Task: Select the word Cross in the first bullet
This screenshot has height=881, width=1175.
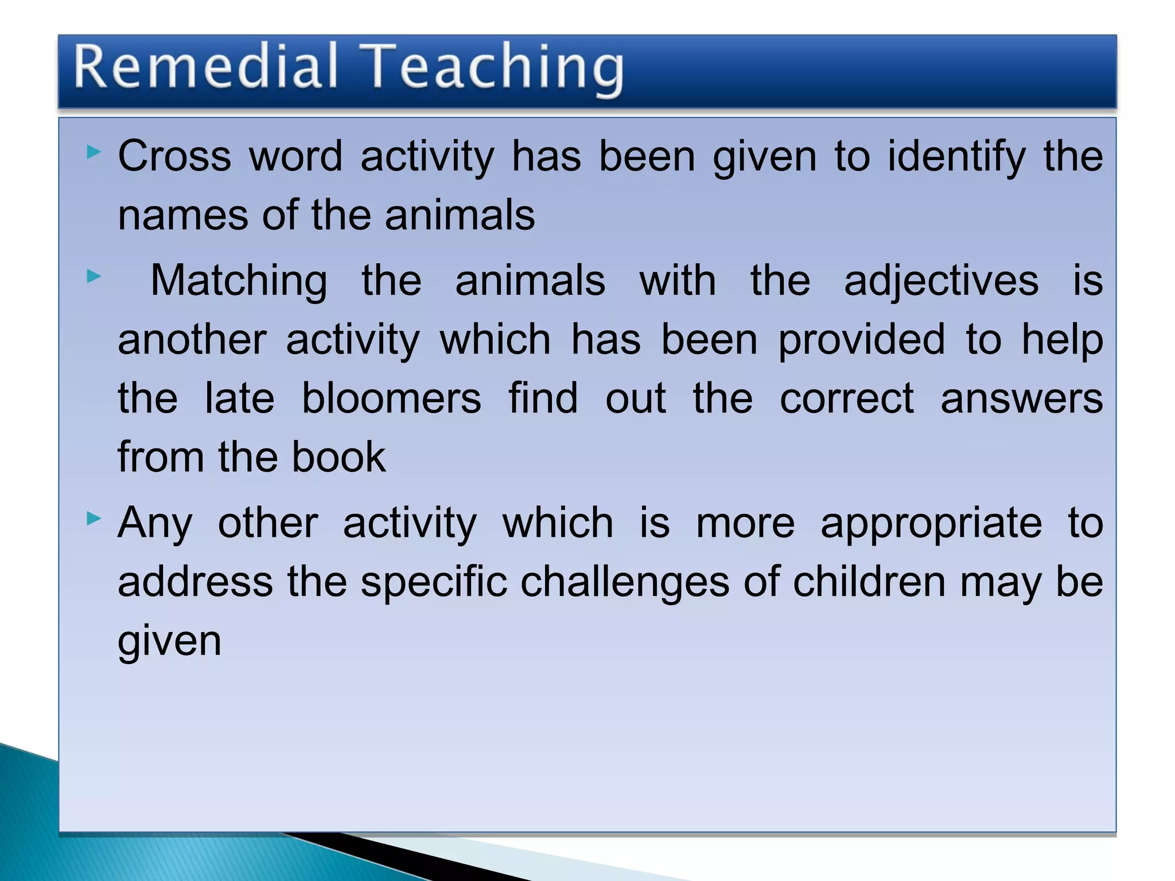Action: tap(174, 156)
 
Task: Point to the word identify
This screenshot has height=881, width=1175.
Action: tap(956, 157)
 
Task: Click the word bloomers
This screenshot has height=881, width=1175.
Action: tap(391, 399)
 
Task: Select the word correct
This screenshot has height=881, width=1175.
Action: tap(846, 399)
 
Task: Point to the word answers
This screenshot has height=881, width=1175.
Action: tap(1021, 399)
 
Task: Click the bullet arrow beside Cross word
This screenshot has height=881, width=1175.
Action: tap(94, 153)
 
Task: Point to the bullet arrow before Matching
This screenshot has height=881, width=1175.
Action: tap(94, 277)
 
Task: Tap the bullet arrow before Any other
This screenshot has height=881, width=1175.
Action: tap(94, 520)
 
